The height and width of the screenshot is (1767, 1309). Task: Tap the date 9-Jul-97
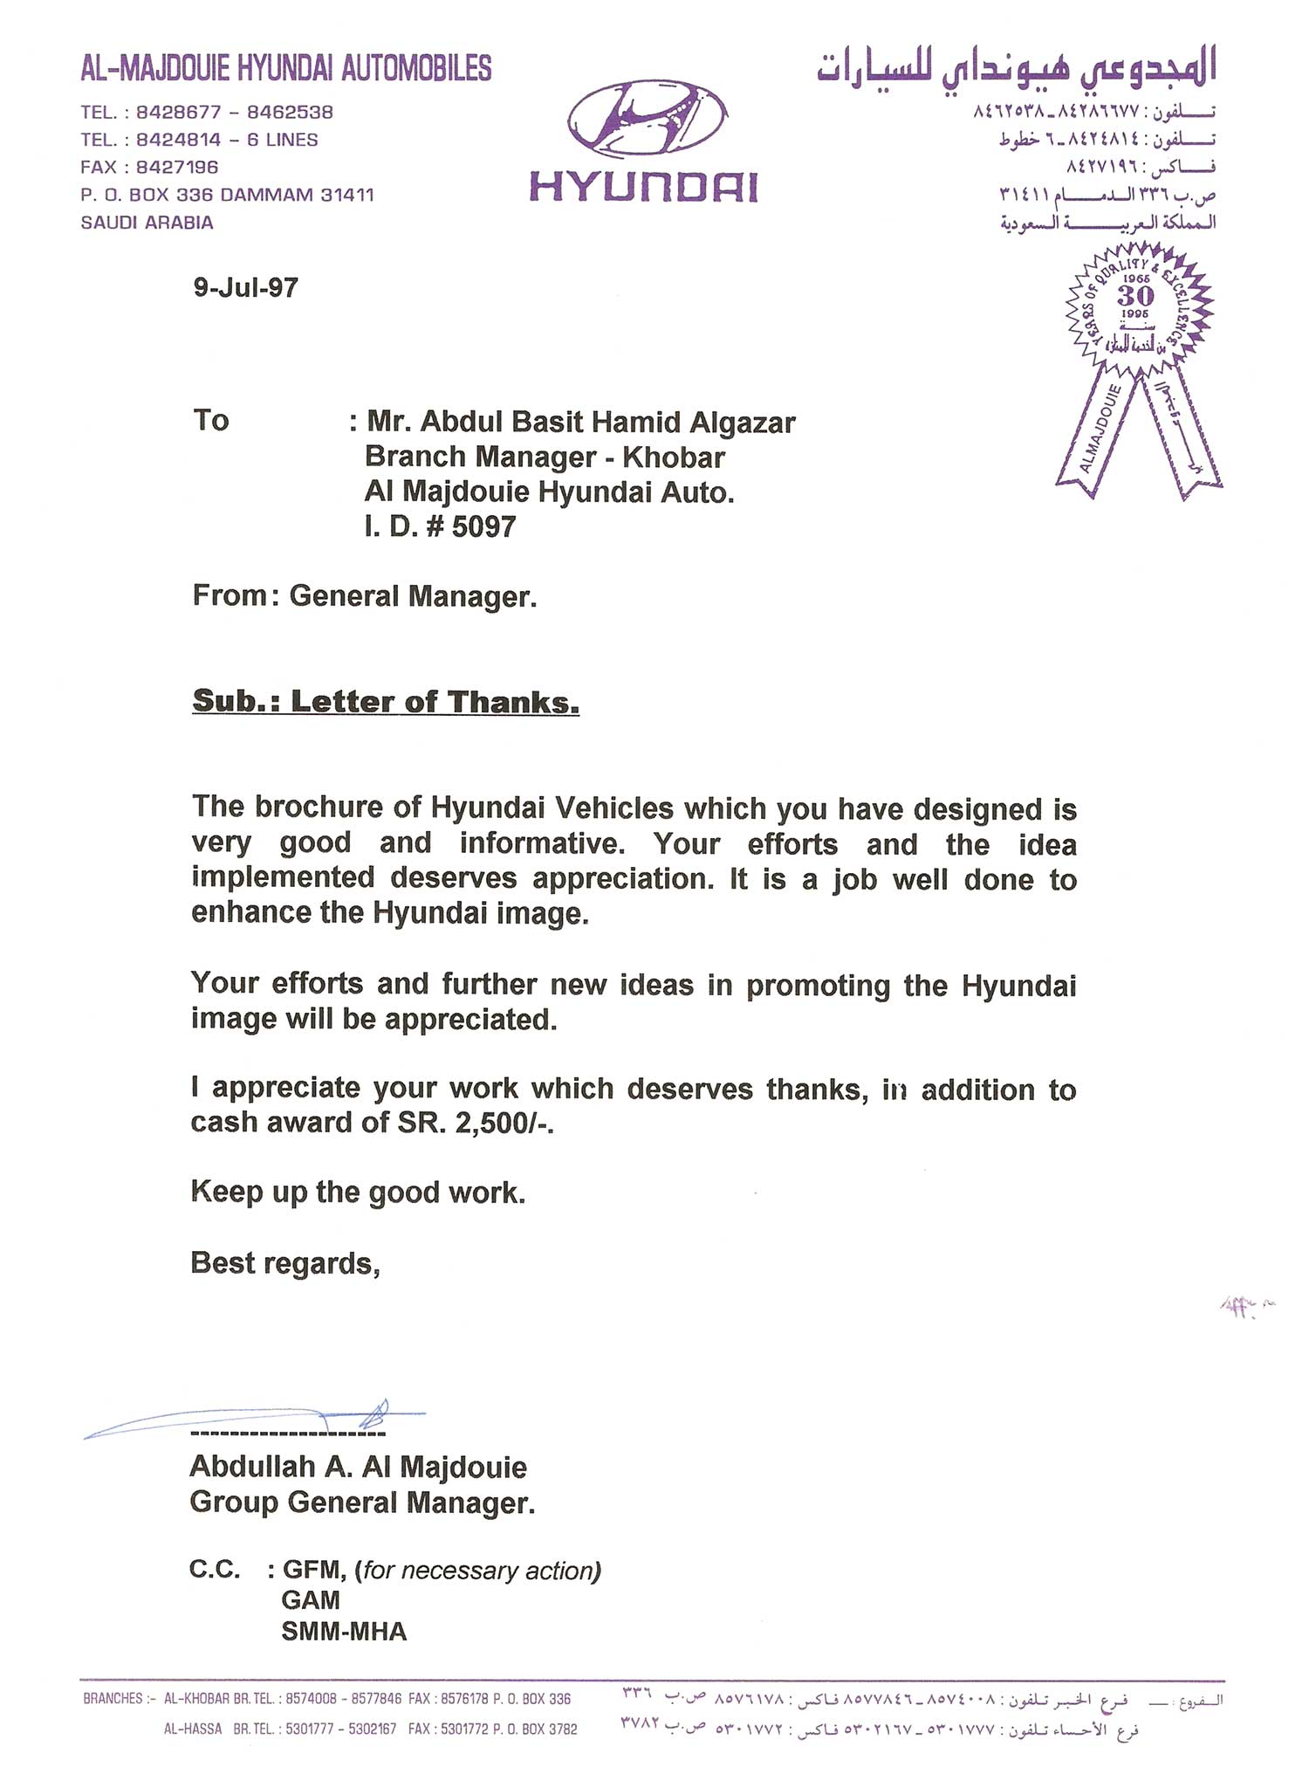(245, 287)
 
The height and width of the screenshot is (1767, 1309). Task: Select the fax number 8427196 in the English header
(177, 167)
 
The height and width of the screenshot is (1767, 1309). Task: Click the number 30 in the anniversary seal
(1135, 295)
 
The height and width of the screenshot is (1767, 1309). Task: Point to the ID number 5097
(483, 526)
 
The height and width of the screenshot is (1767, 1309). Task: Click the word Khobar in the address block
(674, 457)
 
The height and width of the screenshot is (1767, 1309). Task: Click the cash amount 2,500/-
(504, 1123)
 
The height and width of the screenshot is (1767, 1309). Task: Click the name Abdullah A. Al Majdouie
(358, 1467)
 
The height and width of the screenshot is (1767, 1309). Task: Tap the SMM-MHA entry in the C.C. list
(344, 1631)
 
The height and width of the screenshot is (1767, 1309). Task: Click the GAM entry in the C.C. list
(311, 1600)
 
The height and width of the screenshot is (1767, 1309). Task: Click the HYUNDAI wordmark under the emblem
(644, 187)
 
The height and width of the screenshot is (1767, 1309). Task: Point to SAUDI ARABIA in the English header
(147, 223)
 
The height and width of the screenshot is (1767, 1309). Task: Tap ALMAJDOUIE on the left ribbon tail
(1100, 430)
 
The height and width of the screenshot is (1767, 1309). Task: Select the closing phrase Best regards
(284, 1263)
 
